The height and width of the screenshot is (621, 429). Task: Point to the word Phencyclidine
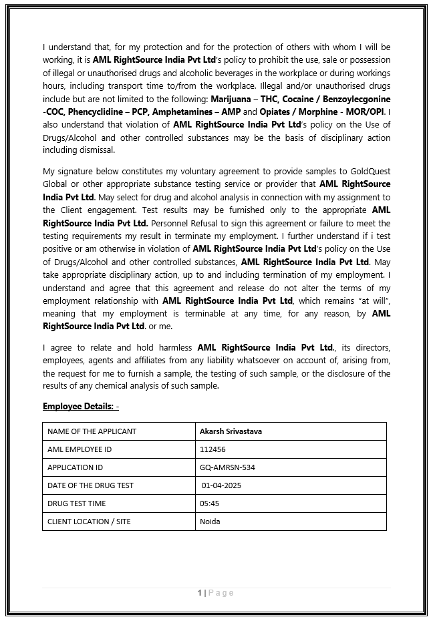tap(91, 112)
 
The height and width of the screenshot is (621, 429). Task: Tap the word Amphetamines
tap(185, 112)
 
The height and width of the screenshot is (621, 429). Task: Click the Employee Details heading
tap(80, 406)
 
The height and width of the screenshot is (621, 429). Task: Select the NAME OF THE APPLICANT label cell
tap(92, 431)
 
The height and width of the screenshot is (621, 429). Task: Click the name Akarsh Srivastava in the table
tap(231, 431)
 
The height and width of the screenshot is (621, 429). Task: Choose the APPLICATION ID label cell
tap(75, 467)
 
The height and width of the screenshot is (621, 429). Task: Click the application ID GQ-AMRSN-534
tap(225, 467)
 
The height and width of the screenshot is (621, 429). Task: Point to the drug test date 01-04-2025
tap(222, 485)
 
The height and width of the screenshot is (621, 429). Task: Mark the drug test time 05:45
tap(209, 503)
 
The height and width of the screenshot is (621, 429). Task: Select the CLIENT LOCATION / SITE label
tap(89, 522)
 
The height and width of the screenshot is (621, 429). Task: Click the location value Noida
tap(210, 522)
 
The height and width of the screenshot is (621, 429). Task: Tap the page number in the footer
tap(200, 592)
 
